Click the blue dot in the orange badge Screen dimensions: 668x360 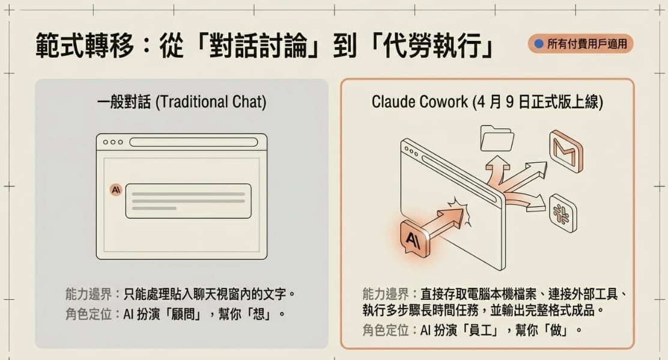[x=539, y=43]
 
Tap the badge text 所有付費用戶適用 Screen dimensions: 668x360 [x=587, y=44]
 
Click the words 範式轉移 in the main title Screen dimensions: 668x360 [x=85, y=45]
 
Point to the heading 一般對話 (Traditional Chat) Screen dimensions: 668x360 [x=181, y=102]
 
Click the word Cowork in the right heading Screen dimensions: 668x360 [x=443, y=102]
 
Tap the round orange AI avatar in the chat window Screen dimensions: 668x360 [x=116, y=189]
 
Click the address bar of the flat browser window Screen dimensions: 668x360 [x=193, y=142]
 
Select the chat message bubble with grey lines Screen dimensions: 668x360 [x=188, y=201]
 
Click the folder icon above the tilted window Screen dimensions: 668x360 [x=497, y=138]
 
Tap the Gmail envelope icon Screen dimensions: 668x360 [x=566, y=151]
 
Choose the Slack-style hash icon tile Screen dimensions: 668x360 [x=562, y=213]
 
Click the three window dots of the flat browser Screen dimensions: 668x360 [x=113, y=142]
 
